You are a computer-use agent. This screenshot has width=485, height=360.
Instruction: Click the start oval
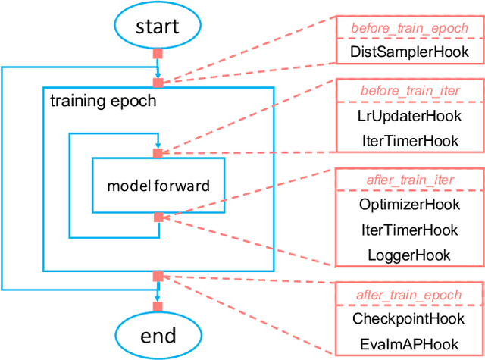click(158, 27)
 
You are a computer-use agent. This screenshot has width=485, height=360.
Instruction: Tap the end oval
click(158, 334)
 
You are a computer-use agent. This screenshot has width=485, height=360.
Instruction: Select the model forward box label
click(158, 186)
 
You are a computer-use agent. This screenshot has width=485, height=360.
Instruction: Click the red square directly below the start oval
click(158, 54)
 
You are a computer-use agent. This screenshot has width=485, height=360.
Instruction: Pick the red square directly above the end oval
click(158, 306)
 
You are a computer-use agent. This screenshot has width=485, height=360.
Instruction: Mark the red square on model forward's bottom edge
click(158, 218)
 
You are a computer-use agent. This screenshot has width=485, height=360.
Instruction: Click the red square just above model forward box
click(158, 153)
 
